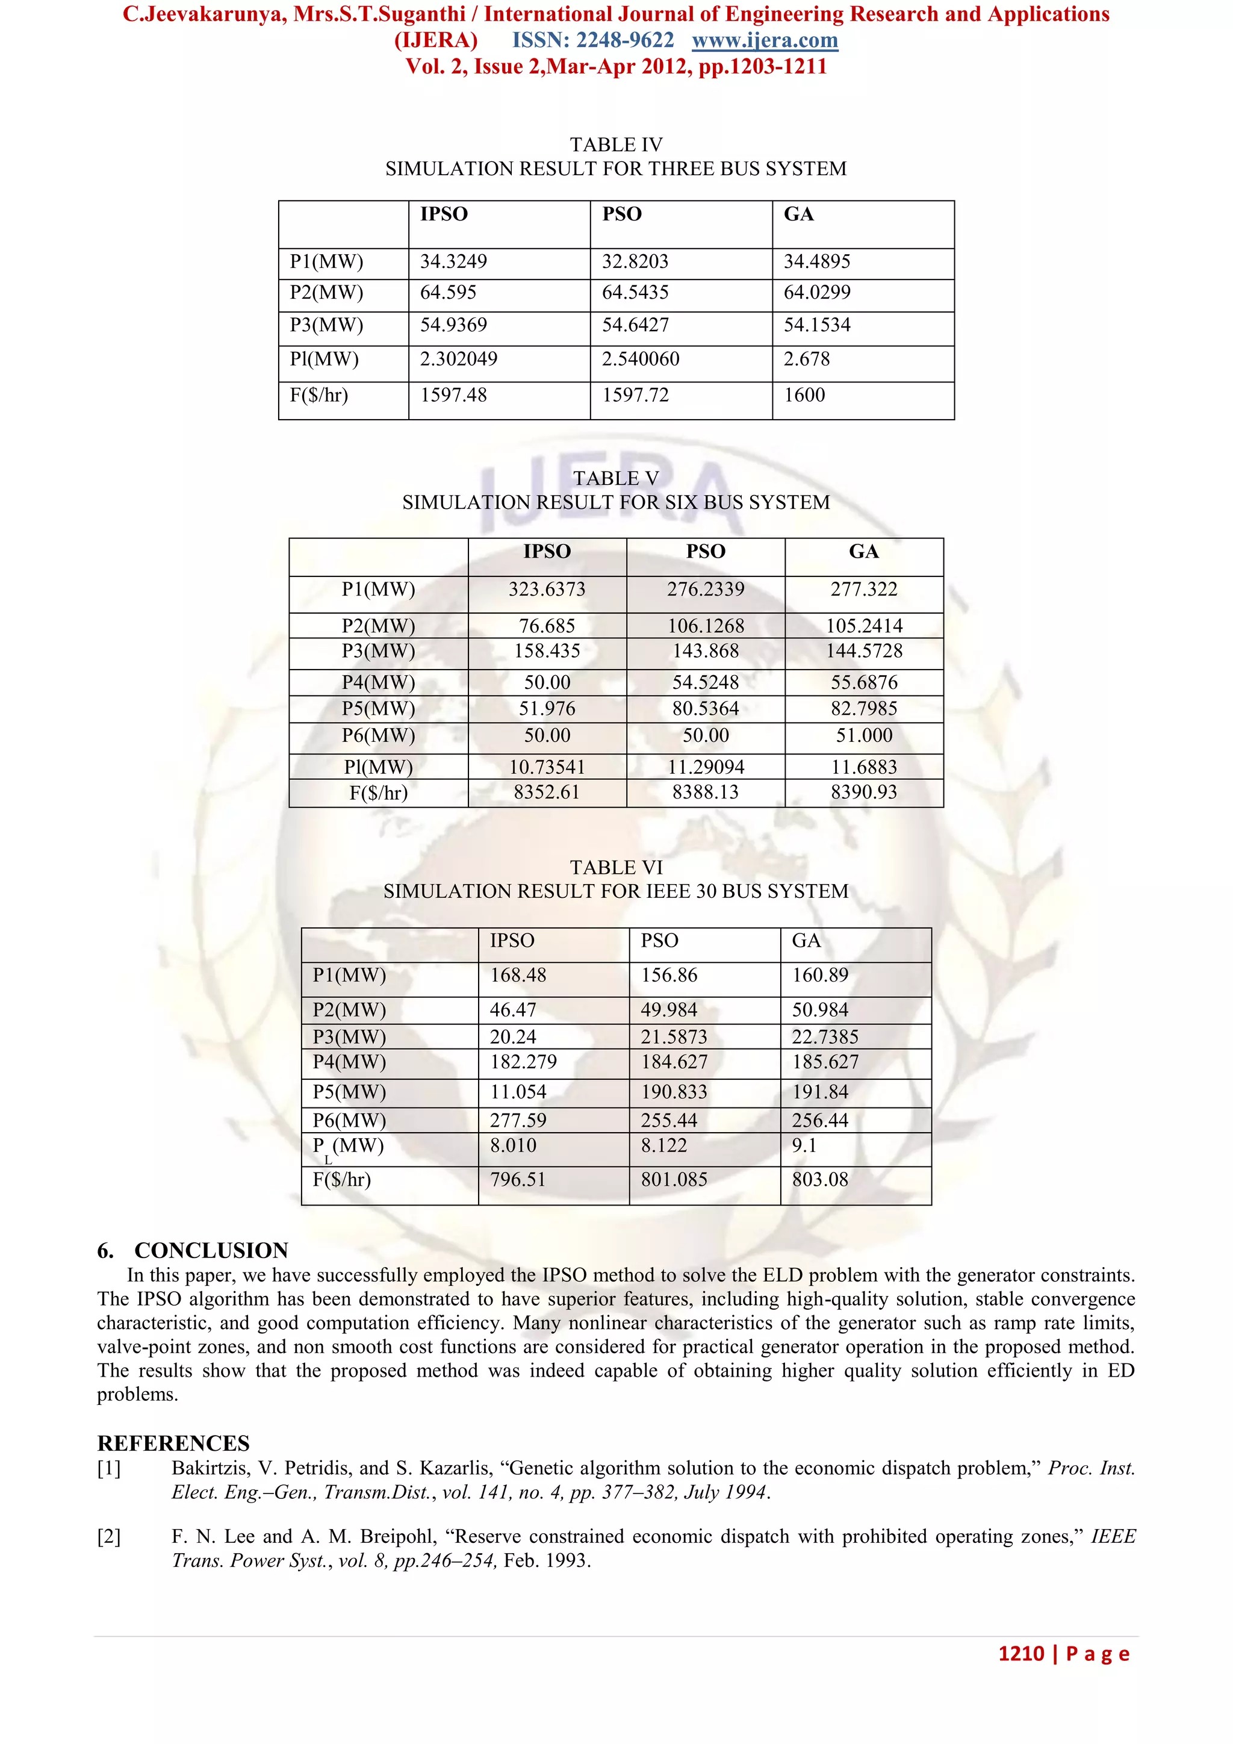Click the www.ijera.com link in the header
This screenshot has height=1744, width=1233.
click(765, 40)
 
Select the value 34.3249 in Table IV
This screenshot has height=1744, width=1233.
click(453, 261)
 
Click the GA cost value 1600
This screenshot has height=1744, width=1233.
click(804, 395)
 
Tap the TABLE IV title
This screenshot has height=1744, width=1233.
click(616, 145)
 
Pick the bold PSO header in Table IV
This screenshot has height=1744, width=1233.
click(622, 214)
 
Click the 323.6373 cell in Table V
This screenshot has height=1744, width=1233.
click(547, 590)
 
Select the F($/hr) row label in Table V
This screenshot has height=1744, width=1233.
click(378, 793)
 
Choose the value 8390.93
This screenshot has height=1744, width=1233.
click(863, 793)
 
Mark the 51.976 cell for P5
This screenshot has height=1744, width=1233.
click(547, 709)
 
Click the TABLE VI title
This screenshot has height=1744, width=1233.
click(616, 867)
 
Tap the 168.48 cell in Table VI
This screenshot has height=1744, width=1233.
click(518, 976)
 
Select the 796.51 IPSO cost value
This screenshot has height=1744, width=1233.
click(517, 1180)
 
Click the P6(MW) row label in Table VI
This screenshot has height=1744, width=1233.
click(349, 1120)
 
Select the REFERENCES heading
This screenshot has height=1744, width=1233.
click(173, 1443)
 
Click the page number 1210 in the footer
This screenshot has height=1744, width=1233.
click(1020, 1654)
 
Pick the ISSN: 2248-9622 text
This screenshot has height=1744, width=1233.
click(593, 40)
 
